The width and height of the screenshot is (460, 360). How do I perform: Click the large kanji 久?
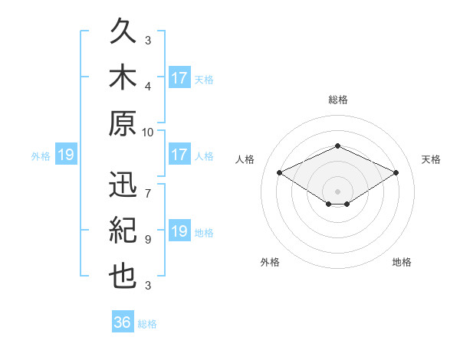tap(123, 31)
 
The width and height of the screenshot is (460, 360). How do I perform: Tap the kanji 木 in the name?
tap(123, 77)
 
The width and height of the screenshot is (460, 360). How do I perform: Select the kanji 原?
tap(123, 123)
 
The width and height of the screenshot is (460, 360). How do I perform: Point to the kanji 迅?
tap(123, 184)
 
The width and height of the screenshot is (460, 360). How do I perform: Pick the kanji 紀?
tap(123, 230)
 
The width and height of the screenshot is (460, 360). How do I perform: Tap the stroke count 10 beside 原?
tap(147, 133)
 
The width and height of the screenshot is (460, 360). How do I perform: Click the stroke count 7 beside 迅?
tap(148, 194)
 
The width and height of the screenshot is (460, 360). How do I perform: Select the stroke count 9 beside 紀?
tap(148, 240)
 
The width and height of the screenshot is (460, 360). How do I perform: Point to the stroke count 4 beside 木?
tap(148, 87)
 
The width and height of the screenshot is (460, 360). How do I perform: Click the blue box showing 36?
tap(123, 321)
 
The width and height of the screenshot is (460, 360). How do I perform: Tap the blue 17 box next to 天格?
tap(179, 77)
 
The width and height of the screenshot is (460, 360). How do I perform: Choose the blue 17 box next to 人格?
tap(179, 154)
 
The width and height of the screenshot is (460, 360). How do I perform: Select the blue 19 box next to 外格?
tap(66, 154)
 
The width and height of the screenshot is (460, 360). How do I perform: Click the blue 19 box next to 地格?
tap(179, 230)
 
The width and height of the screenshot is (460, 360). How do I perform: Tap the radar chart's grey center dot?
tap(337, 191)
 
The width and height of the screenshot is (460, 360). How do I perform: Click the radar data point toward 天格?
tap(396, 172)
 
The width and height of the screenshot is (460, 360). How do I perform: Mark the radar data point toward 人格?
tap(280, 172)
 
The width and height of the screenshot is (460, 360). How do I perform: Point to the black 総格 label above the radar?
tap(338, 100)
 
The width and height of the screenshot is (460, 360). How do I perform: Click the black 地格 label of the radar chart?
tap(402, 262)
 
